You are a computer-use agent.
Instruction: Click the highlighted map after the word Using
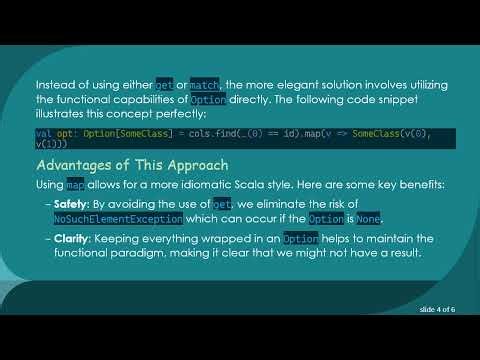[x=75, y=185]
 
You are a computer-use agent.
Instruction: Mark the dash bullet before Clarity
[x=47, y=239]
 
